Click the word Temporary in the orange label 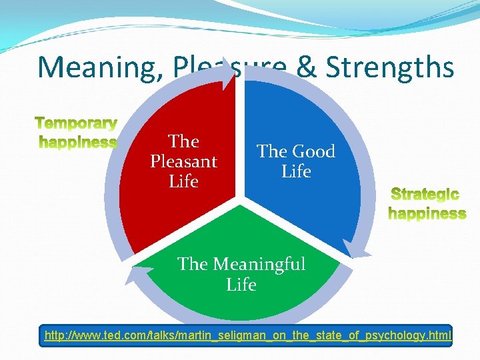[x=77, y=123]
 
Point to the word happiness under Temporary [x=78, y=141]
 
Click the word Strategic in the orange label [x=425, y=195]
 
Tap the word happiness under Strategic [x=427, y=213]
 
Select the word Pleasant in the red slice [x=183, y=161]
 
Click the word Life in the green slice [x=241, y=285]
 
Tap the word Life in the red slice [x=183, y=181]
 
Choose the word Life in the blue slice [x=296, y=171]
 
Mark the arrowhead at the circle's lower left [x=136, y=273]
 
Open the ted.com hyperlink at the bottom [x=247, y=335]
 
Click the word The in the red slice [x=183, y=141]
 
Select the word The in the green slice [x=193, y=264]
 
